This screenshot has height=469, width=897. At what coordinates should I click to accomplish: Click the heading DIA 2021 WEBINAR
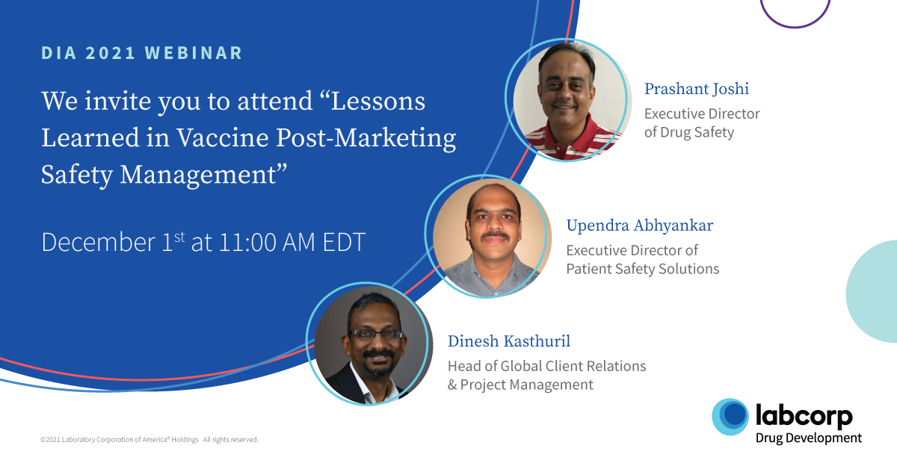pyautogui.click(x=142, y=53)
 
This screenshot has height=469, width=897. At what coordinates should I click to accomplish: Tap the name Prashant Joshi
pyautogui.click(x=697, y=89)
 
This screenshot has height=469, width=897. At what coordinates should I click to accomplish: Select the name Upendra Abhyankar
pyautogui.click(x=640, y=226)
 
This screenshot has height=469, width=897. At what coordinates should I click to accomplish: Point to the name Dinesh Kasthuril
pyautogui.click(x=509, y=341)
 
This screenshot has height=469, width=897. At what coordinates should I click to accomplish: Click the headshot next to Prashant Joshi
pyautogui.click(x=567, y=100)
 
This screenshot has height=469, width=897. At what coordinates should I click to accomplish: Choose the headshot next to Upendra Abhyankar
pyautogui.click(x=486, y=237)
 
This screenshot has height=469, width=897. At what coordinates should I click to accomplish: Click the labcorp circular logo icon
pyautogui.click(x=730, y=417)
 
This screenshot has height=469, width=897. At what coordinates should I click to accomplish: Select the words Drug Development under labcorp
pyautogui.click(x=809, y=438)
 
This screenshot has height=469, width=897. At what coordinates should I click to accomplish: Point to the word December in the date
pyautogui.click(x=99, y=242)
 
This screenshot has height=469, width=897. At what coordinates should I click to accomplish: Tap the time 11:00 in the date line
pyautogui.click(x=247, y=242)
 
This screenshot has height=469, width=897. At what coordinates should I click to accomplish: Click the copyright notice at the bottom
pyautogui.click(x=149, y=439)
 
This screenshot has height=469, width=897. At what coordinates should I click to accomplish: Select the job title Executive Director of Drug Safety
pyautogui.click(x=702, y=123)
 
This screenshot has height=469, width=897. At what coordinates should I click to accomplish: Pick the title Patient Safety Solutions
pyautogui.click(x=643, y=269)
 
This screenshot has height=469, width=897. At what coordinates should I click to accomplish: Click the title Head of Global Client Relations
pyautogui.click(x=547, y=366)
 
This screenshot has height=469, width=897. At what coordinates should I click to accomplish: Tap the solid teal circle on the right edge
pyautogui.click(x=873, y=291)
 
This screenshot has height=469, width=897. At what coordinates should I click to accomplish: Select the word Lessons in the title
pyautogui.click(x=378, y=101)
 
